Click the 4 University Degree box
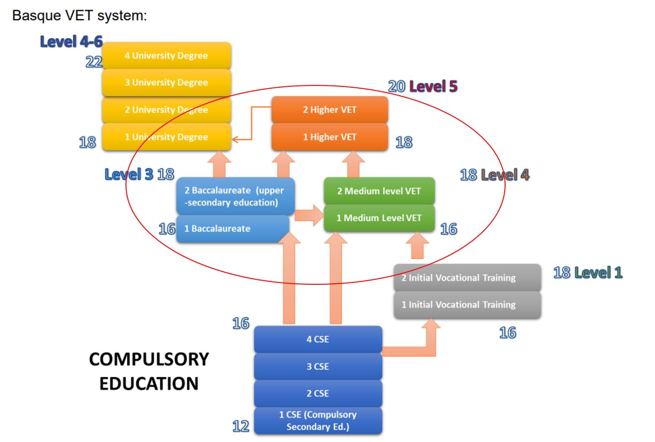[x=166, y=55]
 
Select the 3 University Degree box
[x=166, y=83]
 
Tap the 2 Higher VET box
[x=329, y=110]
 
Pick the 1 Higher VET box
[x=329, y=137]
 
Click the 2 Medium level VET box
[x=379, y=191]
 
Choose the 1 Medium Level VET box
[x=379, y=218]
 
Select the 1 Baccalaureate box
[x=232, y=229]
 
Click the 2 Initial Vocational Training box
[x=467, y=278]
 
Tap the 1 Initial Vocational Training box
[x=467, y=305]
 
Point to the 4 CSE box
[x=318, y=339]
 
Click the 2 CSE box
[x=318, y=394]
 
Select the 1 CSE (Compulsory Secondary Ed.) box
[x=318, y=421]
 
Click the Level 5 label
[x=433, y=86]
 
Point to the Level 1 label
[x=598, y=273]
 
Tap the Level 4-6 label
[x=71, y=42]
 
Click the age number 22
[x=94, y=62]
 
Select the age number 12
[x=241, y=426]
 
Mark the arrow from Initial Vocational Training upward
[x=417, y=246]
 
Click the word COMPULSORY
[x=149, y=359]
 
